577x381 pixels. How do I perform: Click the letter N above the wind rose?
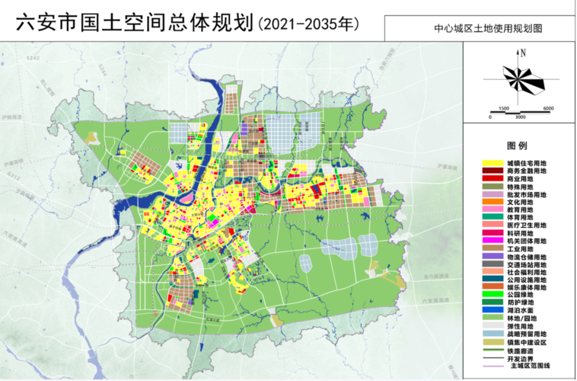click(524, 53)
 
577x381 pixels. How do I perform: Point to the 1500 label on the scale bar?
click(503, 108)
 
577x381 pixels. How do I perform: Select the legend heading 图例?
click(517, 146)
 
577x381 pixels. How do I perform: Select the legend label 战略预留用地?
click(527, 334)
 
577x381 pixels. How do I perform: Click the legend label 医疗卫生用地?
click(527, 225)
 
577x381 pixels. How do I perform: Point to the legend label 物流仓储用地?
click(527, 256)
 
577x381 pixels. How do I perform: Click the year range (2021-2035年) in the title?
click(308, 24)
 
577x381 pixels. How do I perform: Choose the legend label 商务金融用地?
click(527, 171)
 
